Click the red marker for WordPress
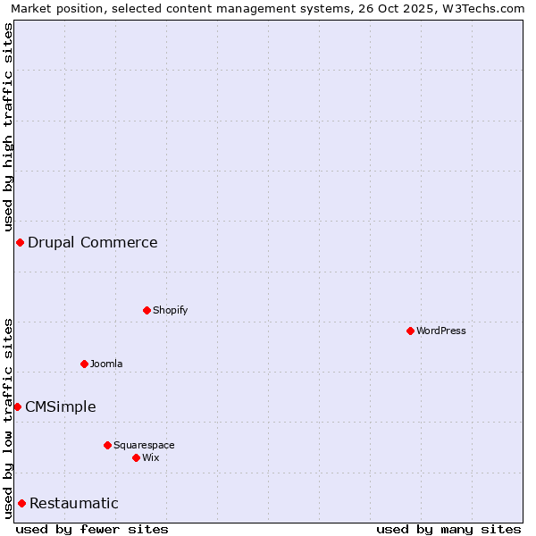(410, 331)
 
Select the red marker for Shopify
(147, 310)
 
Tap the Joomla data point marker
(84, 364)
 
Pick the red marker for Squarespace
(107, 445)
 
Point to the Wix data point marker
(136, 457)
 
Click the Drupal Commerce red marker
(20, 242)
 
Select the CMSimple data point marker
(17, 406)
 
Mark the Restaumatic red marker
(21, 503)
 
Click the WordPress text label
(441, 331)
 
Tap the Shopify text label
(170, 310)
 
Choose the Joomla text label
(106, 364)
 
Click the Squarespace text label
(144, 445)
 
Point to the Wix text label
(150, 457)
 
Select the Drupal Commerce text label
(92, 242)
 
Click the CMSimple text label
(60, 406)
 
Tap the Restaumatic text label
(73, 503)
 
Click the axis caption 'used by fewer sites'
(92, 529)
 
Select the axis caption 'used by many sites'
(448, 529)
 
